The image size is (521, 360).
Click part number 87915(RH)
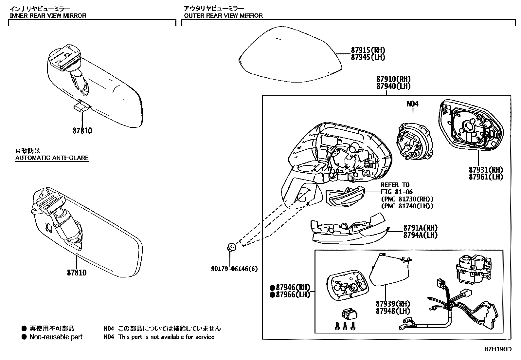(x=368, y=50)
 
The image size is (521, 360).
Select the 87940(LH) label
(x=393, y=86)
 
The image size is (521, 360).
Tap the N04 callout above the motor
(x=412, y=104)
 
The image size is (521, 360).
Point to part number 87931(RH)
(x=486, y=170)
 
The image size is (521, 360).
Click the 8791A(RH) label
(x=420, y=228)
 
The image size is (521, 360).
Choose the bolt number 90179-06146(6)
(x=234, y=269)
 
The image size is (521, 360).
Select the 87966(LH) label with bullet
(x=290, y=294)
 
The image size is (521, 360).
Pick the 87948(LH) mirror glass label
(x=393, y=311)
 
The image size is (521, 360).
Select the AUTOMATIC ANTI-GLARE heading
(x=52, y=158)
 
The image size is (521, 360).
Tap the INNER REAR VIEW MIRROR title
(x=48, y=15)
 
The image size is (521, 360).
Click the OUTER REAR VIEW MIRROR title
(x=223, y=15)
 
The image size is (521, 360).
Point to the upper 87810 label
(x=82, y=131)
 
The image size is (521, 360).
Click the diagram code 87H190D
(x=498, y=349)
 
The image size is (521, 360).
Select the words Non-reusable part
(x=56, y=337)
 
